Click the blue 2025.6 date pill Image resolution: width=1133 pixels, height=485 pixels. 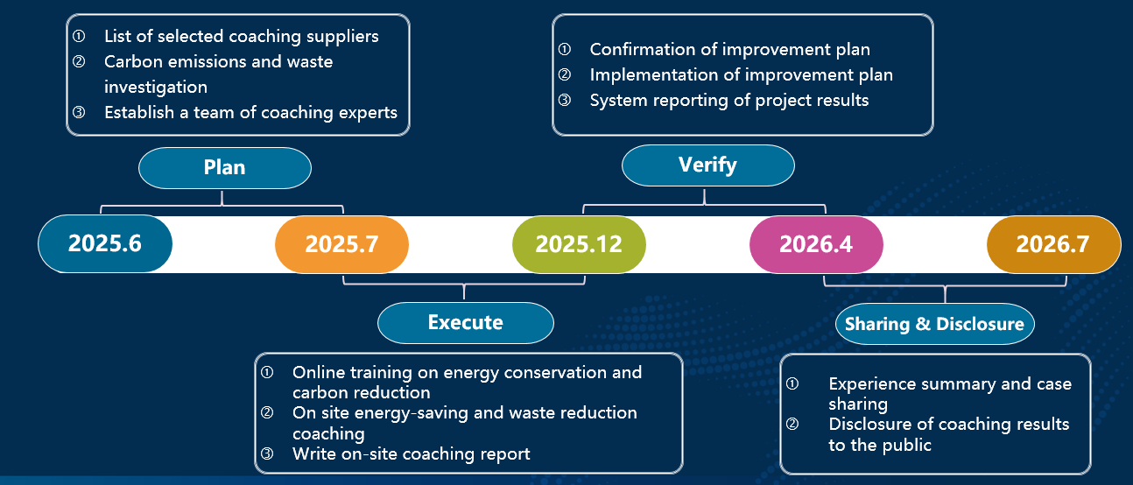105,243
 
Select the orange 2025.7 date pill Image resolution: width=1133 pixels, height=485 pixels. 342,245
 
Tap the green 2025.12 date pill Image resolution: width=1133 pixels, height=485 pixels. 579,245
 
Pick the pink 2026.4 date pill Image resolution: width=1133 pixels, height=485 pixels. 816,245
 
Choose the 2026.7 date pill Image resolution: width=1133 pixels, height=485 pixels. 1053,245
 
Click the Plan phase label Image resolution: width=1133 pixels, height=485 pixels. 225,168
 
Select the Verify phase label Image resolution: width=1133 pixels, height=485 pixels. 708,165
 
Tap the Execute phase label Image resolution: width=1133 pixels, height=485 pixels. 466,323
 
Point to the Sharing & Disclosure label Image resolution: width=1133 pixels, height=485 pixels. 935,324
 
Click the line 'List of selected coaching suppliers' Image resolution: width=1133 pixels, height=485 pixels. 242,37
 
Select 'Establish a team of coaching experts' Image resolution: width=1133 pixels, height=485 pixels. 251,112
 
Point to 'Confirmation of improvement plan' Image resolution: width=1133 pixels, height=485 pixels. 730,50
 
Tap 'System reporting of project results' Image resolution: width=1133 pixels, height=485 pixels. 729,100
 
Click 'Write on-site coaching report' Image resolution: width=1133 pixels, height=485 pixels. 412,453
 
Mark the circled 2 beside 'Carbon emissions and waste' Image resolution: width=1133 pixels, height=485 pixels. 79,61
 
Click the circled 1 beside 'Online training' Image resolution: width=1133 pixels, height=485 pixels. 267,373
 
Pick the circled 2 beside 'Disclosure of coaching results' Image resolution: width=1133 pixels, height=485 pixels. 792,424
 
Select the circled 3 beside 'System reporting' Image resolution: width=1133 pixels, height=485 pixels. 565,100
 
